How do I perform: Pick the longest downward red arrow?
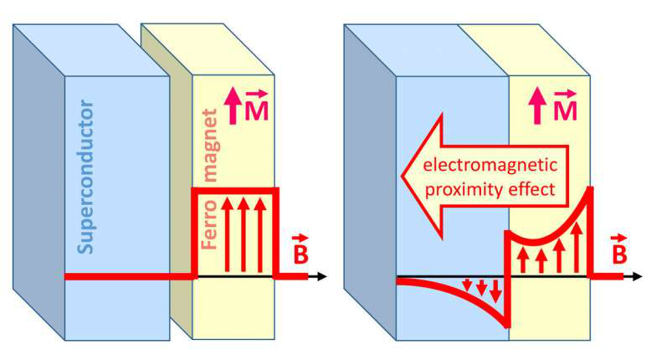tap(496, 291)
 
